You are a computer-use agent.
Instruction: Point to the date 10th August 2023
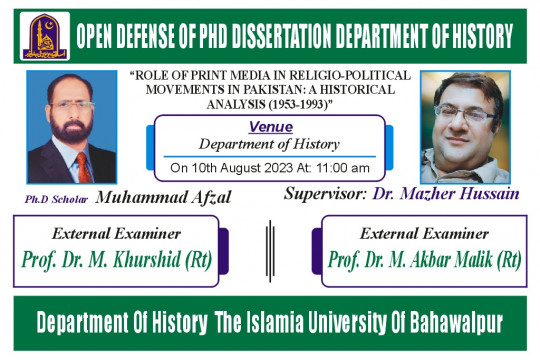(236, 167)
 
